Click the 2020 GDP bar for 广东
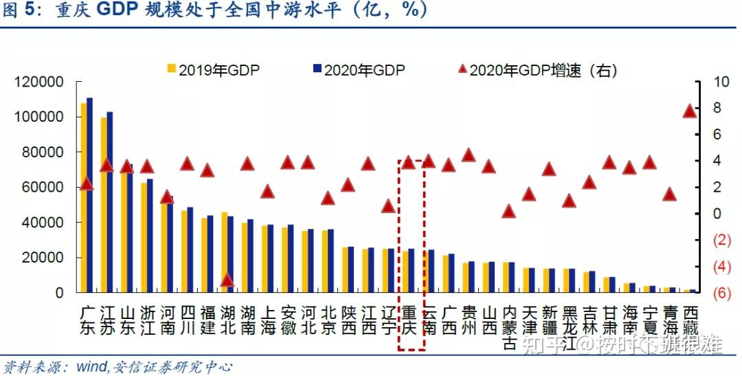tap(89, 195)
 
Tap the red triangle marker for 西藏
tap(690, 111)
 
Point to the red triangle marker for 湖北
tap(227, 279)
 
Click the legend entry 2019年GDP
tap(212, 69)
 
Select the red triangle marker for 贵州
tap(469, 155)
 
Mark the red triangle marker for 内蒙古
tap(508, 211)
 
